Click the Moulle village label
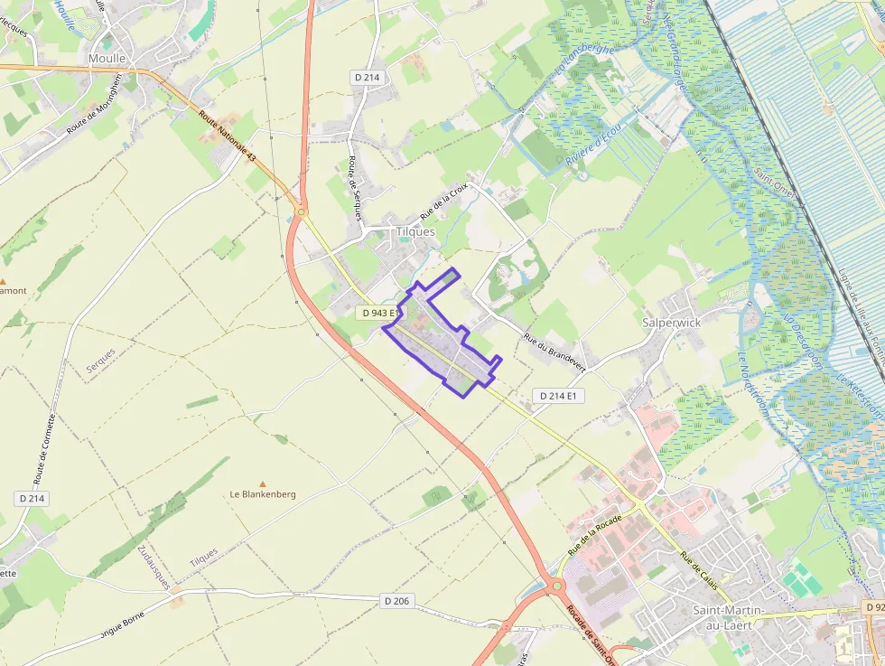107,58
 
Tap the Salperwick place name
671,322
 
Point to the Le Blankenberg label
263,494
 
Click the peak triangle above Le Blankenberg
263,483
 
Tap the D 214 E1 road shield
559,396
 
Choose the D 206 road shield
396,601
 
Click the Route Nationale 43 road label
228,136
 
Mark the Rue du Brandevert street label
554,352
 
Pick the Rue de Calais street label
700,570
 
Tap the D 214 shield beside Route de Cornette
33,499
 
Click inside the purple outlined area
442,343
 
